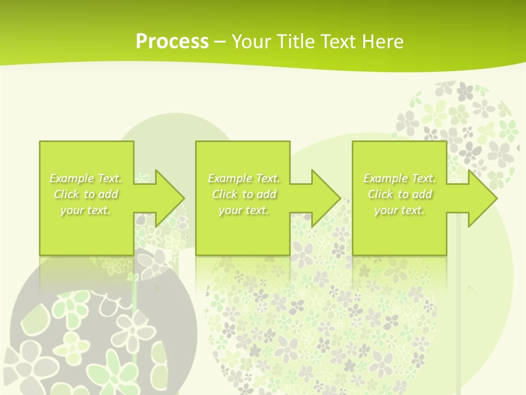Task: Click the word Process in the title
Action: pyautogui.click(x=172, y=41)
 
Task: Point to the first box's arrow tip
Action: pyautogui.click(x=182, y=198)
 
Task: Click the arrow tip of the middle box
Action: pyautogui.click(x=339, y=198)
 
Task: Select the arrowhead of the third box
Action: pyautogui.click(x=495, y=198)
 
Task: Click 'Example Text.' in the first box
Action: pyautogui.click(x=86, y=178)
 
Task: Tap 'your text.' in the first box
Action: pyautogui.click(x=86, y=210)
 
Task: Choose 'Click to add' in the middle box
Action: pyautogui.click(x=244, y=194)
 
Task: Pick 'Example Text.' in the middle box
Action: pyautogui.click(x=244, y=178)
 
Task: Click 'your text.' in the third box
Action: pyautogui.click(x=399, y=210)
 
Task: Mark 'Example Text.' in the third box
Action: pyautogui.click(x=399, y=178)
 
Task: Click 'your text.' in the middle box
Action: pyautogui.click(x=244, y=210)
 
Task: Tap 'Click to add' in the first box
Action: pyautogui.click(x=86, y=194)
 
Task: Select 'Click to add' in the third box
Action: pyautogui.click(x=399, y=194)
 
